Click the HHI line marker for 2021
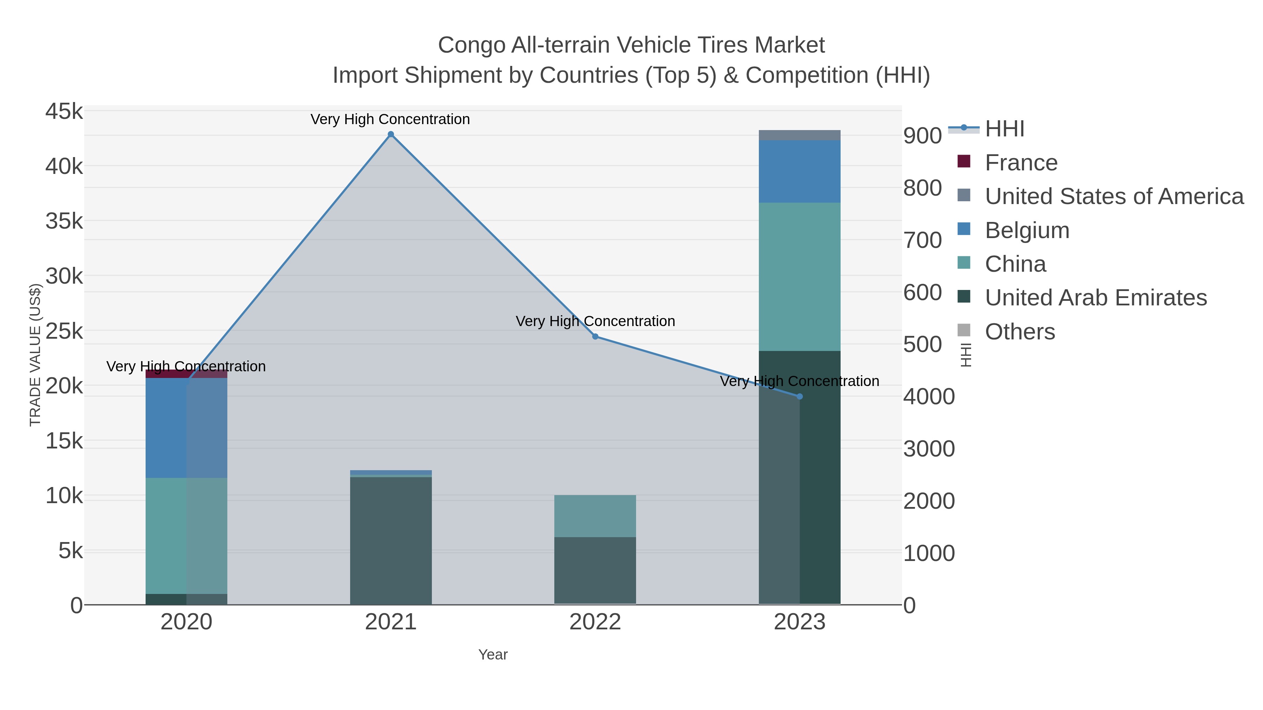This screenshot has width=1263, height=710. (391, 134)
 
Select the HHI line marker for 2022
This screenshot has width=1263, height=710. (595, 337)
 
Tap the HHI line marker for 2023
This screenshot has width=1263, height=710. (800, 397)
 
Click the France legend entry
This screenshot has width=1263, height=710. (1021, 163)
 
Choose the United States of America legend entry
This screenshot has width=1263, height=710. (1114, 196)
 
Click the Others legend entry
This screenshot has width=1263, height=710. (1020, 332)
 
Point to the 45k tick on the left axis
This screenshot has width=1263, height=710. (64, 111)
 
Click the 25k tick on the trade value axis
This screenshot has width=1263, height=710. (64, 331)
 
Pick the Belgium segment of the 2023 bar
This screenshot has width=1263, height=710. (800, 171)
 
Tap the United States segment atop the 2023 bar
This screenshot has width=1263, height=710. (800, 135)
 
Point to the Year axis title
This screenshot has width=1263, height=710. (493, 655)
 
